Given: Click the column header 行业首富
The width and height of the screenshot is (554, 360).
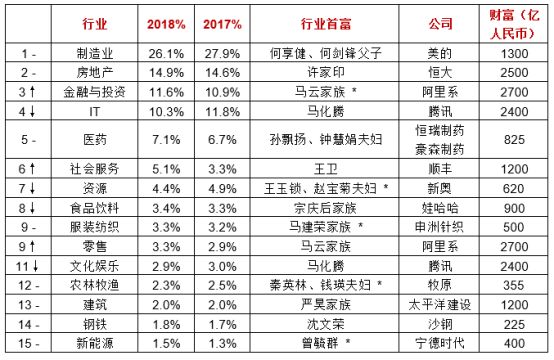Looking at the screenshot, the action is click(x=325, y=24).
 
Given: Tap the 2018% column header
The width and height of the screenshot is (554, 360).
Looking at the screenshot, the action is click(x=166, y=24).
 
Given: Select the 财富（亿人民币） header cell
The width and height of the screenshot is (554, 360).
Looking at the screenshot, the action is click(x=514, y=24).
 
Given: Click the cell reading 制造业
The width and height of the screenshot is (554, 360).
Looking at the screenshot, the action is click(x=95, y=53).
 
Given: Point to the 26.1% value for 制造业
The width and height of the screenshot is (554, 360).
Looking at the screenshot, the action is click(x=166, y=54).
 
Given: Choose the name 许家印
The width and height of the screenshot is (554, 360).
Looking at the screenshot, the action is click(x=325, y=72).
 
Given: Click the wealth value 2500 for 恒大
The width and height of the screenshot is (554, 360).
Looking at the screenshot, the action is click(x=514, y=73).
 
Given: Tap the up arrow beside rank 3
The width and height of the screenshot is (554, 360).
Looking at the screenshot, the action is click(x=33, y=92).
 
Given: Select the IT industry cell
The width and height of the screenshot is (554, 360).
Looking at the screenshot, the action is click(x=94, y=112).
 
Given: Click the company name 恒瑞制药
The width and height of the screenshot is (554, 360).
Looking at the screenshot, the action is click(x=440, y=131).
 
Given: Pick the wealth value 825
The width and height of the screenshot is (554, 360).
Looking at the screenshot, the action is click(x=514, y=140).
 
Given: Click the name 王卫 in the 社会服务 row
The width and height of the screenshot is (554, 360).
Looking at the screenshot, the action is click(x=325, y=169).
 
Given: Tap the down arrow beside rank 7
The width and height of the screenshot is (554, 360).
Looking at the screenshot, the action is click(x=33, y=188).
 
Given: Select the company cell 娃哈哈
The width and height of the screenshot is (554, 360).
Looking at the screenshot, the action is click(x=440, y=208).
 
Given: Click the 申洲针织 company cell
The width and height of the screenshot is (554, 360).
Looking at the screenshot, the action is click(x=440, y=227).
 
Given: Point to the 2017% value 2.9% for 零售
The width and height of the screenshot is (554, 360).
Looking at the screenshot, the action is click(x=222, y=247).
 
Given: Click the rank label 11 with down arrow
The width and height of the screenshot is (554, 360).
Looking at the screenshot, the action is click(x=27, y=266).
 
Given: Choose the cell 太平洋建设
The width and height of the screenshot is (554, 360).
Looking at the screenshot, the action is click(x=440, y=305).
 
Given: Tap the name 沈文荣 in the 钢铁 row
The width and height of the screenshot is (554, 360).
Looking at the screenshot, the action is click(x=325, y=324).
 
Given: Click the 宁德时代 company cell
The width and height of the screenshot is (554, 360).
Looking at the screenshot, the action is click(x=440, y=343).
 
